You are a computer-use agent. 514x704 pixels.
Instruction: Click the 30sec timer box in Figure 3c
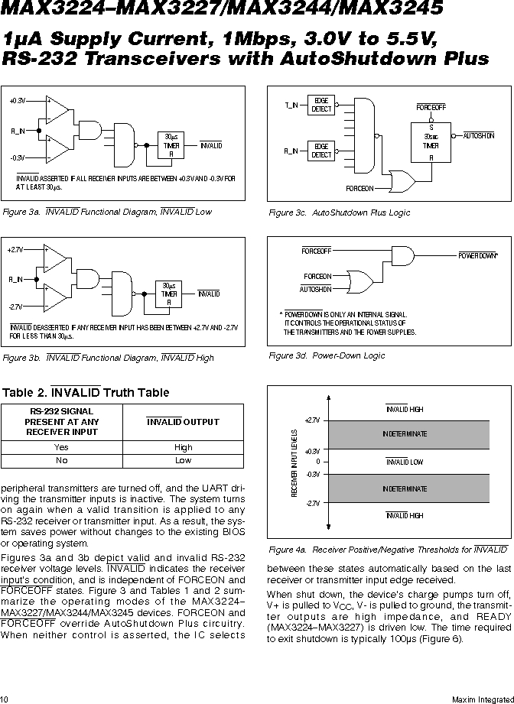pos(431,142)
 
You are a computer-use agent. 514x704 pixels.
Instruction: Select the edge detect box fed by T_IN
pos(320,105)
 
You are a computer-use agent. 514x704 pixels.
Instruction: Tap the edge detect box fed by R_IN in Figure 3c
pos(320,151)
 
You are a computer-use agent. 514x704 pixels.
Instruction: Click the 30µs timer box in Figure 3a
pos(171,145)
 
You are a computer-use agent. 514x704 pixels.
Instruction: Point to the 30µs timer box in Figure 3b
pos(169,294)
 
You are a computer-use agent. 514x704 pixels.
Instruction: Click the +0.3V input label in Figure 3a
pos(18,101)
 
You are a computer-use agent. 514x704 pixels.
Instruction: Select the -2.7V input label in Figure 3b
pos(15,307)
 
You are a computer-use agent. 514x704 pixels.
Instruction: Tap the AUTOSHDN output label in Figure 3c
pos(479,135)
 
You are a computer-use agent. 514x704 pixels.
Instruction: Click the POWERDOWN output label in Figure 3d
pos(478,255)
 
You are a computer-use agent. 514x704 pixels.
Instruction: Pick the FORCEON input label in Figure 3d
pos(317,276)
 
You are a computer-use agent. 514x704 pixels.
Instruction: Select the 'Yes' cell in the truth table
pos(61,447)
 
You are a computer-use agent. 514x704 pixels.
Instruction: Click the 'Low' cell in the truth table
pos(183,461)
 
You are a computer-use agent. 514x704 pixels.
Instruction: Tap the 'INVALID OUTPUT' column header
pos(183,422)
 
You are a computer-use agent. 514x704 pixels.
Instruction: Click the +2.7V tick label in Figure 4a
pos(312,420)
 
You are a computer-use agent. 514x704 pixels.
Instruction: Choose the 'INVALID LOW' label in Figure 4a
pos(405,462)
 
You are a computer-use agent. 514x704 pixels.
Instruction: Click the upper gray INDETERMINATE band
pos(408,435)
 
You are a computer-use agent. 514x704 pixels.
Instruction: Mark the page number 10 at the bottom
pos(4,699)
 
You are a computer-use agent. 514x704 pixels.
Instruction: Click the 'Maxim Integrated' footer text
pos(483,699)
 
